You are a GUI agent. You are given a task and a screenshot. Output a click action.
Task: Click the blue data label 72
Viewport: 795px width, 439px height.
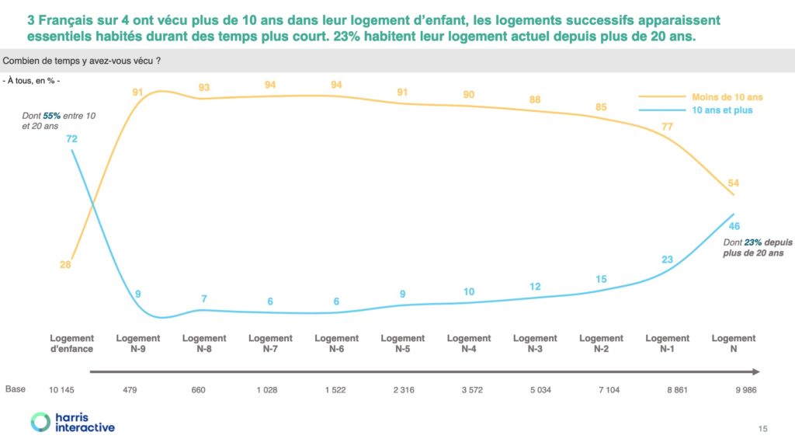71,138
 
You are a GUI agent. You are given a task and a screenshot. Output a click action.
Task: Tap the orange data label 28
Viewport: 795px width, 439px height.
65,265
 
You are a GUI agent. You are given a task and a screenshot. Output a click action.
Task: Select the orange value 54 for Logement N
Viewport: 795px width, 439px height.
733,183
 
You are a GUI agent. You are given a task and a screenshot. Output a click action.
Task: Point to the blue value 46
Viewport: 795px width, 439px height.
733,226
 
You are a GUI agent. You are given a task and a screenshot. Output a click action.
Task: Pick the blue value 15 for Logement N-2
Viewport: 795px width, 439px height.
601,279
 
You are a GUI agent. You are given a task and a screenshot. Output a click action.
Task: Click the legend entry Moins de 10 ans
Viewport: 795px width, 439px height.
727,97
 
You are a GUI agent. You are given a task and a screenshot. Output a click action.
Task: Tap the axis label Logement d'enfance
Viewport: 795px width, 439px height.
71,343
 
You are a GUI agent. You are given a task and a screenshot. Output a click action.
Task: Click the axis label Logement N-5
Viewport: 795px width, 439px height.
402,343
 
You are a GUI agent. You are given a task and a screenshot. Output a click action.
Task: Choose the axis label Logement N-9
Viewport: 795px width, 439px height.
138,343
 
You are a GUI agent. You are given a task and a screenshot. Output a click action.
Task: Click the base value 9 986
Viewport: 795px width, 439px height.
733,390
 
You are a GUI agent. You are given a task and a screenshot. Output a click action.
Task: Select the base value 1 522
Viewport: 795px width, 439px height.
336,390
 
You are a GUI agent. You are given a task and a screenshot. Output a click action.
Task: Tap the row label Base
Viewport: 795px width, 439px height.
15,389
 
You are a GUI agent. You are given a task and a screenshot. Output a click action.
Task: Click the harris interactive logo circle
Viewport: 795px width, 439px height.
40,422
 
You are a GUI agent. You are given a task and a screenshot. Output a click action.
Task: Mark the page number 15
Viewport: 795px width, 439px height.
762,429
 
